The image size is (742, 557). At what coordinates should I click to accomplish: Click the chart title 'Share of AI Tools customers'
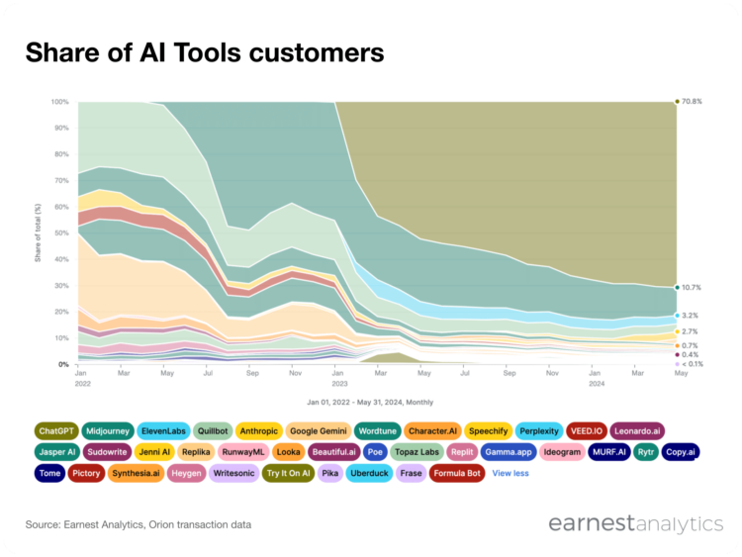coord(204,50)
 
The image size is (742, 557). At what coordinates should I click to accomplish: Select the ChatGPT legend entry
coord(56,430)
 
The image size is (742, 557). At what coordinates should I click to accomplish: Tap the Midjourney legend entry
coord(108,430)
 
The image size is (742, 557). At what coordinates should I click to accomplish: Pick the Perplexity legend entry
coord(540,430)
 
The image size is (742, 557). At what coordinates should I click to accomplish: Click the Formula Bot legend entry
coord(459,474)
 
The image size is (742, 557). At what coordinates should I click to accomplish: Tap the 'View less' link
coord(510,474)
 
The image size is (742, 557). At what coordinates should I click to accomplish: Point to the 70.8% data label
coord(691,102)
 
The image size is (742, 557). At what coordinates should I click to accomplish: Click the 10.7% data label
coord(691,288)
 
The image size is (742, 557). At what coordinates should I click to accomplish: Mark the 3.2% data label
coord(691,316)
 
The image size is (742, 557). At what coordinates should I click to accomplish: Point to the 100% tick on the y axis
coord(59,102)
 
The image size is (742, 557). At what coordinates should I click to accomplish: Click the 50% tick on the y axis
coord(61,233)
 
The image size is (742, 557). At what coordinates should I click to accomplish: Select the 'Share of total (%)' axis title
coord(39,233)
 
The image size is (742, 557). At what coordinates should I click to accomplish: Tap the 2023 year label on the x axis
coord(338,382)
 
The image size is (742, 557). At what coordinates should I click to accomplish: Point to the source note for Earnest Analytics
coord(139,523)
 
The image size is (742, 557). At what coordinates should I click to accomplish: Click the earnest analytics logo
coord(636,523)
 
